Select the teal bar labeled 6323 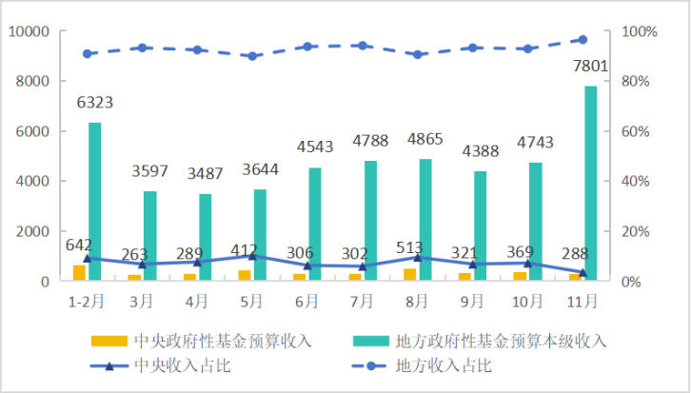[x=95, y=202]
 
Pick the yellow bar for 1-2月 [x=79, y=272]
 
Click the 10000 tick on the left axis [x=29, y=31]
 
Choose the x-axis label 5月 [x=251, y=301]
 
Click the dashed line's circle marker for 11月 [x=582, y=39]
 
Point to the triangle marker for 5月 [x=251, y=256]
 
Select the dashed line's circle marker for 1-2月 [x=87, y=53]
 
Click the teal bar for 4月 [x=206, y=237]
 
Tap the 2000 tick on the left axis [x=32, y=231]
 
